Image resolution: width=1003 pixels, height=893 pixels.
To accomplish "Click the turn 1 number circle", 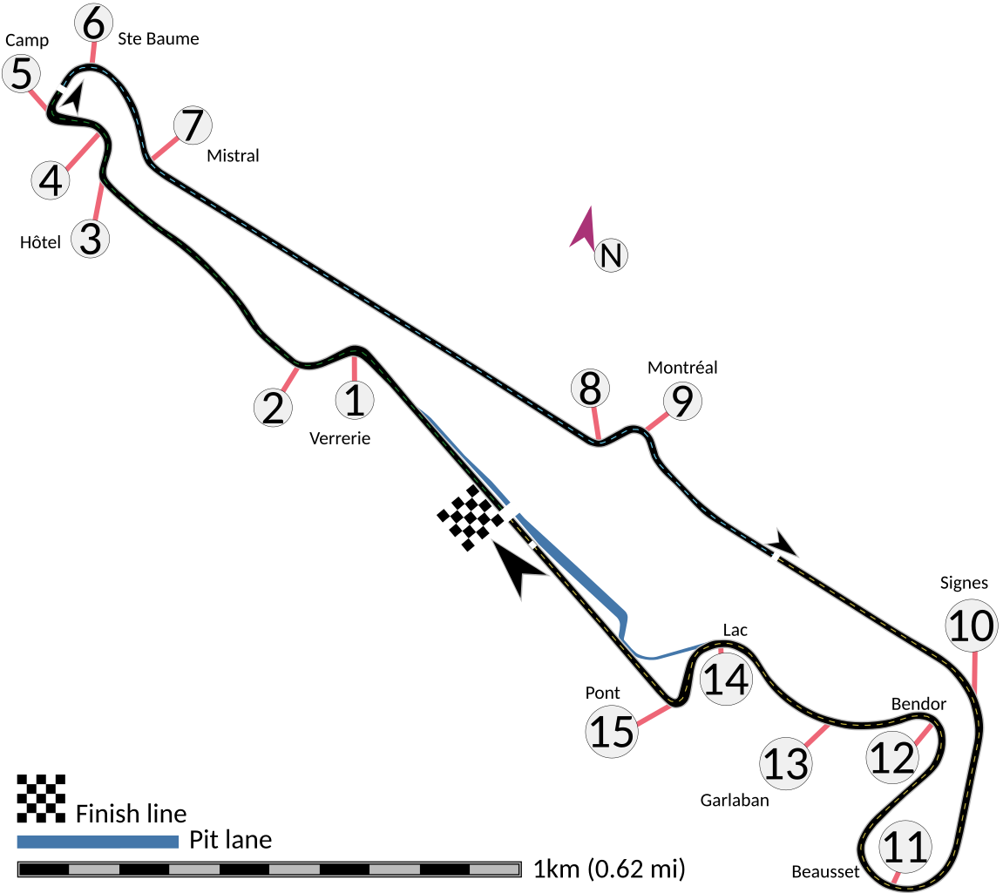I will point(355,400).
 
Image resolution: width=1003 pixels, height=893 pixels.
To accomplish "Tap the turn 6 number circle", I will point(92,23).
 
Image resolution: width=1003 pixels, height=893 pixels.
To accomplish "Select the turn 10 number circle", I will point(972,626).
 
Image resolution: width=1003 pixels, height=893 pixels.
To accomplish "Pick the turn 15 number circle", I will point(612,731).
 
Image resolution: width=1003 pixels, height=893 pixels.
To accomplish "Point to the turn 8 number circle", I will point(590,388).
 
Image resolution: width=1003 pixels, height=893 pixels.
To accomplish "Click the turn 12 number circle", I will point(892,758).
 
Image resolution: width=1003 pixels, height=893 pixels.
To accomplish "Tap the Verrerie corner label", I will point(340,438).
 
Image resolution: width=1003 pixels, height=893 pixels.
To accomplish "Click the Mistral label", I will point(234,156).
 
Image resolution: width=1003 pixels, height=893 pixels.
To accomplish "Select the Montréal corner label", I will point(682,368).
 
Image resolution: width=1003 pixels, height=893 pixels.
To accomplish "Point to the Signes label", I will point(965,583).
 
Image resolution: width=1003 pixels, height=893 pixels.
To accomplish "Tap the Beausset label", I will point(825,871).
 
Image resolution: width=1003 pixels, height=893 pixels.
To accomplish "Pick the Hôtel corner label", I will point(41,242).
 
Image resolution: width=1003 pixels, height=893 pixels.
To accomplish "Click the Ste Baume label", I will point(158,38).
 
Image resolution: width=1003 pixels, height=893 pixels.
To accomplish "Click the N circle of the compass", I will point(611,256).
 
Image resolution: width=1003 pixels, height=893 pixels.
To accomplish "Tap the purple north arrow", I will point(583,227).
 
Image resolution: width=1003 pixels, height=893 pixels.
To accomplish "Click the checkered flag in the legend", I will point(41,798).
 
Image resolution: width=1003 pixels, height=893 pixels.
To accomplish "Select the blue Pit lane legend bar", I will point(98,842).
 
